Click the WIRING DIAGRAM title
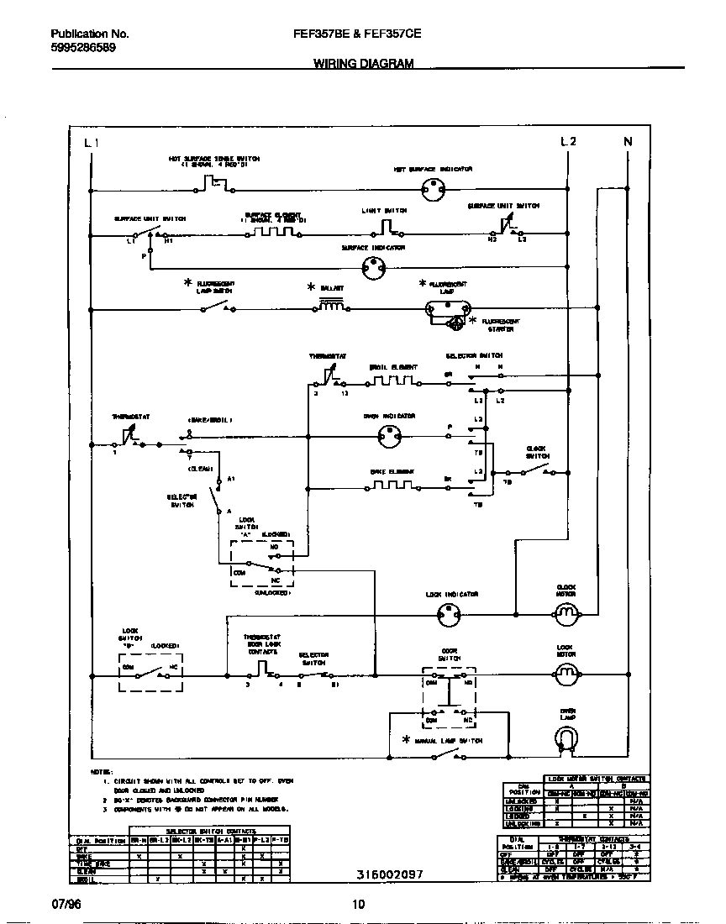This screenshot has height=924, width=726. coord(363,63)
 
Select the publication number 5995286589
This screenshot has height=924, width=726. coord(83,48)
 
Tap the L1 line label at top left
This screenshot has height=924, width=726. coord(92,142)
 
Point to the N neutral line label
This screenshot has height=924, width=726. coord(627,142)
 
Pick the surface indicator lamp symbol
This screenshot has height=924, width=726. coord(373,268)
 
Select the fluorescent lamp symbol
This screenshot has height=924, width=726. coord(445,310)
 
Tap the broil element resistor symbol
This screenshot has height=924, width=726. coord(393,382)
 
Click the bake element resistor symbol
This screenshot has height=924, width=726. coord(393,486)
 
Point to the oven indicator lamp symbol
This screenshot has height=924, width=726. coord(389,435)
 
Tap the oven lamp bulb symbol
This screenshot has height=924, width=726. coord(568,738)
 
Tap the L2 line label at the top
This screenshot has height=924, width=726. coord(568,142)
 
